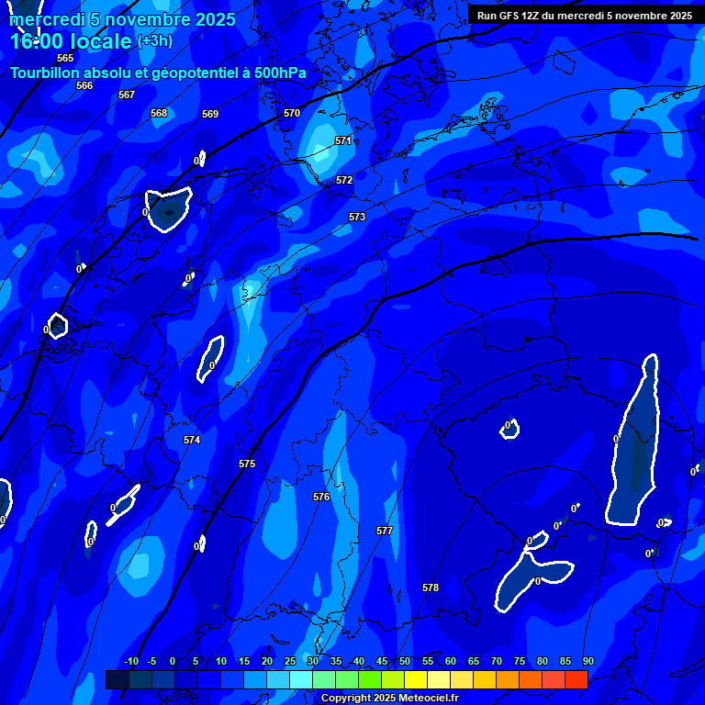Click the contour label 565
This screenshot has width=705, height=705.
point(65,58)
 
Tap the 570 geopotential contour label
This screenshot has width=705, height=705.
point(292,113)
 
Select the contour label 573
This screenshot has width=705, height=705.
point(357,217)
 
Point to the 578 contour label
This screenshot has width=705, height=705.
point(431,587)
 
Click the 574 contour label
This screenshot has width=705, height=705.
point(192,440)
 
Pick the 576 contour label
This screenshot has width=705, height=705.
point(321,497)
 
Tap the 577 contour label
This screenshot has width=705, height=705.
point(385,531)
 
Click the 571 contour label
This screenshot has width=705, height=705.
point(343,140)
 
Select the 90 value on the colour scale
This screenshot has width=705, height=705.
point(587,661)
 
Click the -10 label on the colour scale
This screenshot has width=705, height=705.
point(130,661)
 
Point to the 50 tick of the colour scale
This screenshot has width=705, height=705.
point(405,661)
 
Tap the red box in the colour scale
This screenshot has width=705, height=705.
point(576,679)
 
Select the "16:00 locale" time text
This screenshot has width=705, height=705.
point(72,41)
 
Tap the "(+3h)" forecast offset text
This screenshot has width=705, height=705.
point(154,40)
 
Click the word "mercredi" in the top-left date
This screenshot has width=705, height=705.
point(46,19)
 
